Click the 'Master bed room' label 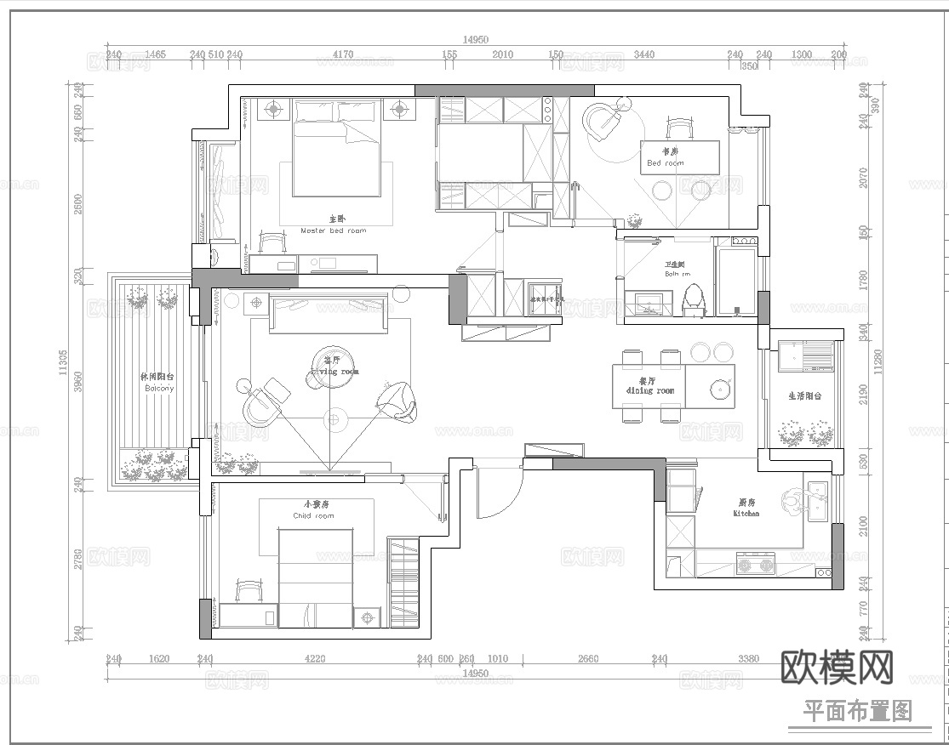(x=333, y=230)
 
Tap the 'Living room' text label (x=334, y=372)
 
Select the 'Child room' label (x=313, y=515)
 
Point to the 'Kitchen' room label (x=746, y=514)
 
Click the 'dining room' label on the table (x=649, y=390)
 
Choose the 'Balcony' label (x=158, y=388)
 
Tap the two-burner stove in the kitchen (x=755, y=563)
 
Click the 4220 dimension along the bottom (x=314, y=658)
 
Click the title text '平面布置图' (x=857, y=711)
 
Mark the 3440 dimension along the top (x=644, y=54)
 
